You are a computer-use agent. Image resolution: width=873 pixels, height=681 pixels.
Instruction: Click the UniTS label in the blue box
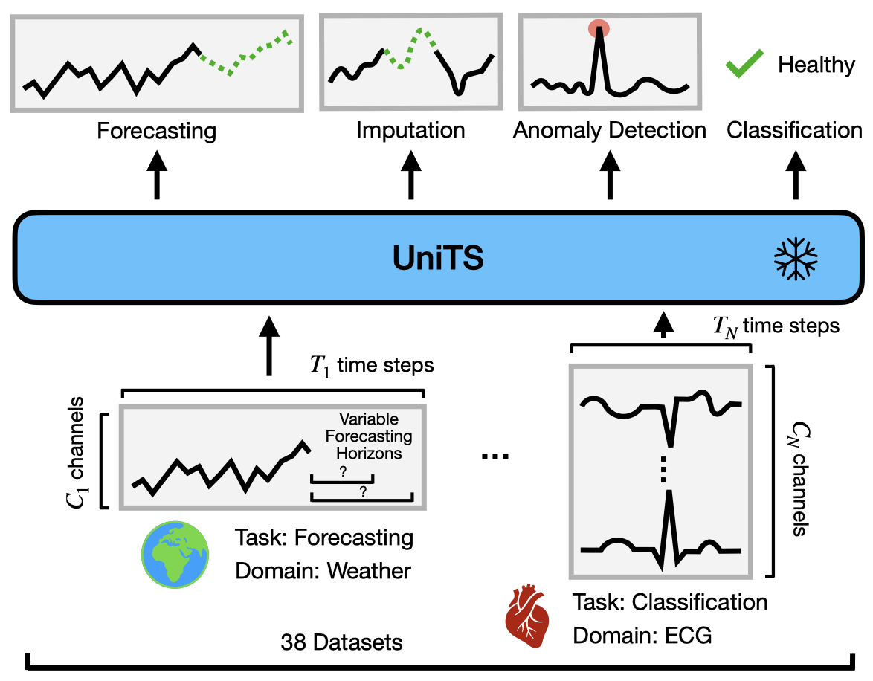coord(438,259)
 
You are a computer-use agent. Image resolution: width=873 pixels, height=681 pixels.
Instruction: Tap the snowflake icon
coord(796,259)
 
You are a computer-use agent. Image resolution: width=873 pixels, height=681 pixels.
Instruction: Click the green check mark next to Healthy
coord(744,65)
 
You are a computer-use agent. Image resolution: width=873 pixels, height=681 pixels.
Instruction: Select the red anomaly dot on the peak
coord(599,28)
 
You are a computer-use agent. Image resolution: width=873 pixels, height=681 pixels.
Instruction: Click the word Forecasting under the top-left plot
coord(157,132)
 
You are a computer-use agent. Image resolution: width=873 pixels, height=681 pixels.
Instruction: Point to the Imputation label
coord(410,131)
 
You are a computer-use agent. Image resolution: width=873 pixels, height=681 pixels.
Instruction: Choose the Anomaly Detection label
coord(609,131)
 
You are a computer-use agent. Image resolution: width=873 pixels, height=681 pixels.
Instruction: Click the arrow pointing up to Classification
coord(795,175)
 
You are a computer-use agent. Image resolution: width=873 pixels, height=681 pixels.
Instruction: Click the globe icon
coord(175,554)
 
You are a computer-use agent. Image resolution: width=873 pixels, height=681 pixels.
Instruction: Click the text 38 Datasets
coord(342,642)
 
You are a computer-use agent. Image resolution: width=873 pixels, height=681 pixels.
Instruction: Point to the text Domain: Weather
coord(323,571)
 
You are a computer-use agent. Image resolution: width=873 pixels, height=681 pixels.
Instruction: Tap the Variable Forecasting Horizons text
coord(370,436)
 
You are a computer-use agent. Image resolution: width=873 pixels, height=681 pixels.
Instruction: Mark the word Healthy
coord(816,65)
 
